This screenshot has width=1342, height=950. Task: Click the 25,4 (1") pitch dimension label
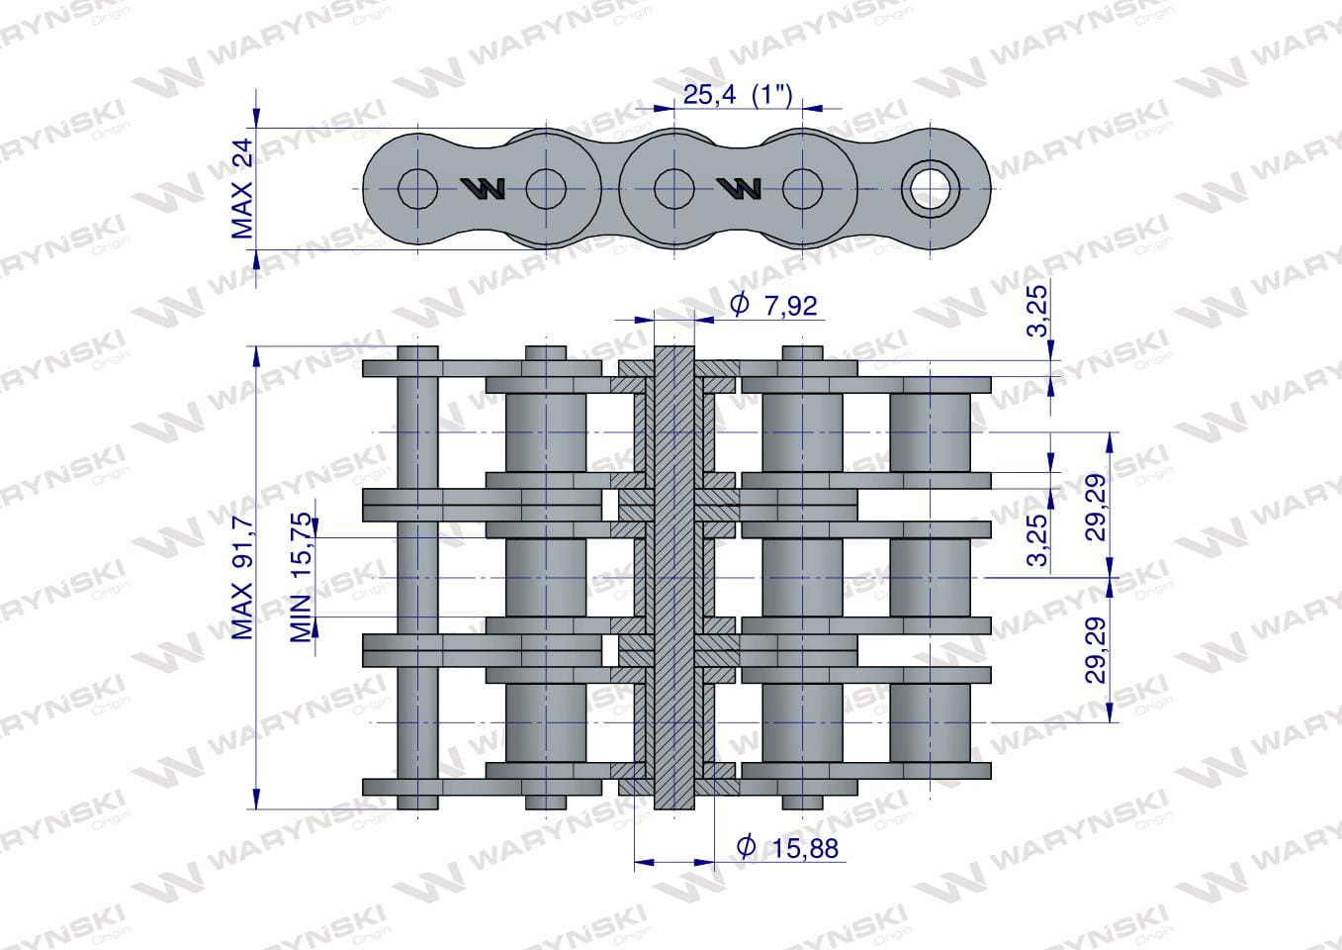coord(738,95)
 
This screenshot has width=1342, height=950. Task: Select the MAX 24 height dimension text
coord(242,189)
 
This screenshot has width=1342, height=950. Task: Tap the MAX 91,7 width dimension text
coord(242,577)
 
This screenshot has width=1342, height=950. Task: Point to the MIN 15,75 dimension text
coord(302,577)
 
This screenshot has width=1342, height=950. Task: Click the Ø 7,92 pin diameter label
coord(773,305)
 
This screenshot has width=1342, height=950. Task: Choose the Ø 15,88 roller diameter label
coord(787,847)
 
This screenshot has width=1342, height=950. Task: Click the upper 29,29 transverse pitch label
coord(1096,507)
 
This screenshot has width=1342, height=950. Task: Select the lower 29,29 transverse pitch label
coord(1096,650)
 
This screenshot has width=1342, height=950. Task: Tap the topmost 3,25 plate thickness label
coord(1037,311)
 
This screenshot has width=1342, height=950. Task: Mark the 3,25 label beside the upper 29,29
coord(1037,539)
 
